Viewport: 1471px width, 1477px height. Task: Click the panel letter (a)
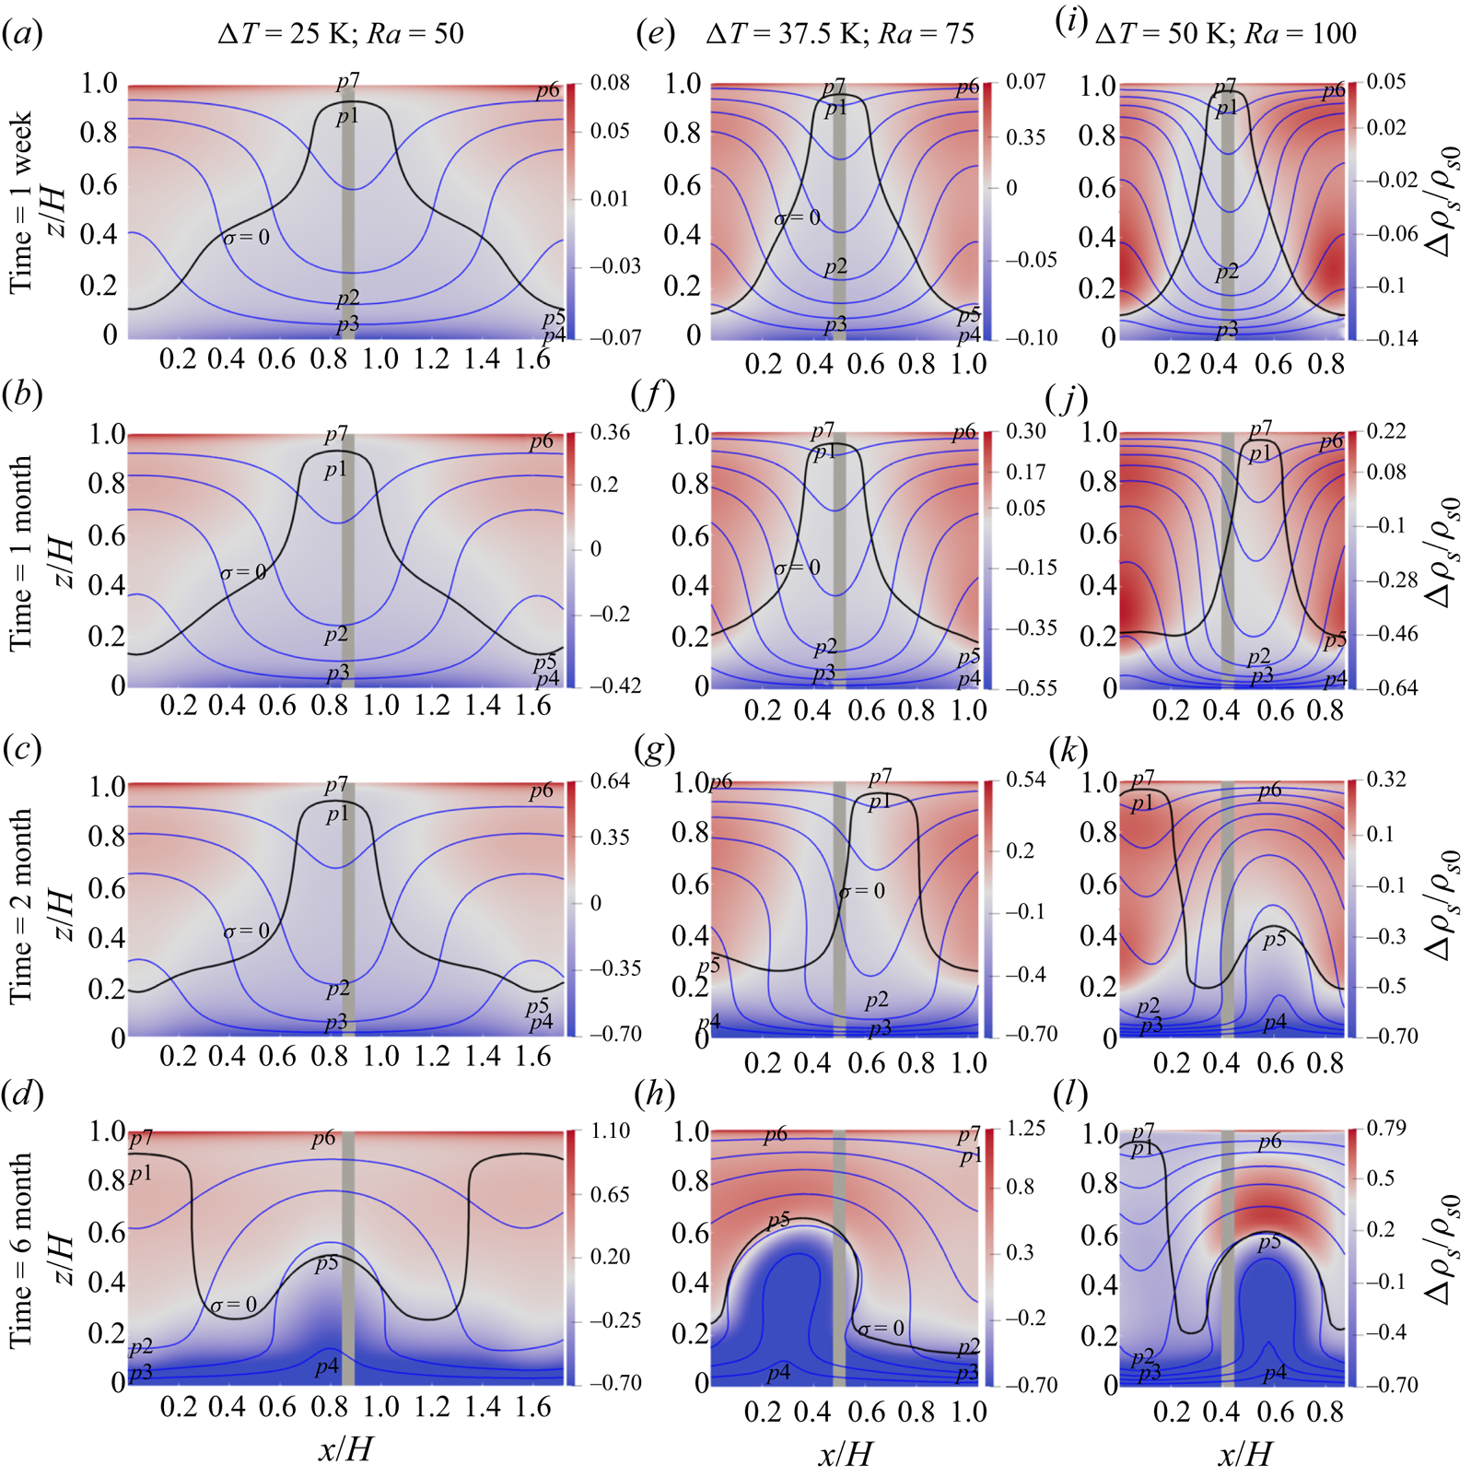click(x=22, y=34)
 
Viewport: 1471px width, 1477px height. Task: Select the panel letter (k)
click(x=1068, y=750)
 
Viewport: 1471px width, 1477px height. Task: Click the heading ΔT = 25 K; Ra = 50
click(x=341, y=34)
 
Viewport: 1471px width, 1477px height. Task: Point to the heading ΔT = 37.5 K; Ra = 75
click(x=840, y=34)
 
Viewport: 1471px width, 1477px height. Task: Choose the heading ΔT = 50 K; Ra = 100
click(x=1226, y=34)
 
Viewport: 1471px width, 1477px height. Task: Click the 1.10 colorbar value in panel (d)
click(x=609, y=1131)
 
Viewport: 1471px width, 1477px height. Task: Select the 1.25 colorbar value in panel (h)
click(x=1026, y=1129)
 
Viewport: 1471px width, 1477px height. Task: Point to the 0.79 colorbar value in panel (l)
click(x=1386, y=1128)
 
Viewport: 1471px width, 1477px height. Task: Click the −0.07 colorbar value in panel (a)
click(x=615, y=337)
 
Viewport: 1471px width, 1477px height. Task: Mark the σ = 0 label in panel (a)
click(x=247, y=238)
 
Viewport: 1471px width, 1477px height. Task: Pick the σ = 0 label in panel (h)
click(x=881, y=1329)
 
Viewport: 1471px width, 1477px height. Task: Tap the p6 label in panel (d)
click(x=323, y=1139)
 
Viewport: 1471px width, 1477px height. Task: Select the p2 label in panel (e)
click(x=835, y=267)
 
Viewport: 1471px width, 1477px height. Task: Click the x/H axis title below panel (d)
click(x=345, y=1449)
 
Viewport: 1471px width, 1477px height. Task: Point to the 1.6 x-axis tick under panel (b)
click(x=533, y=706)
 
